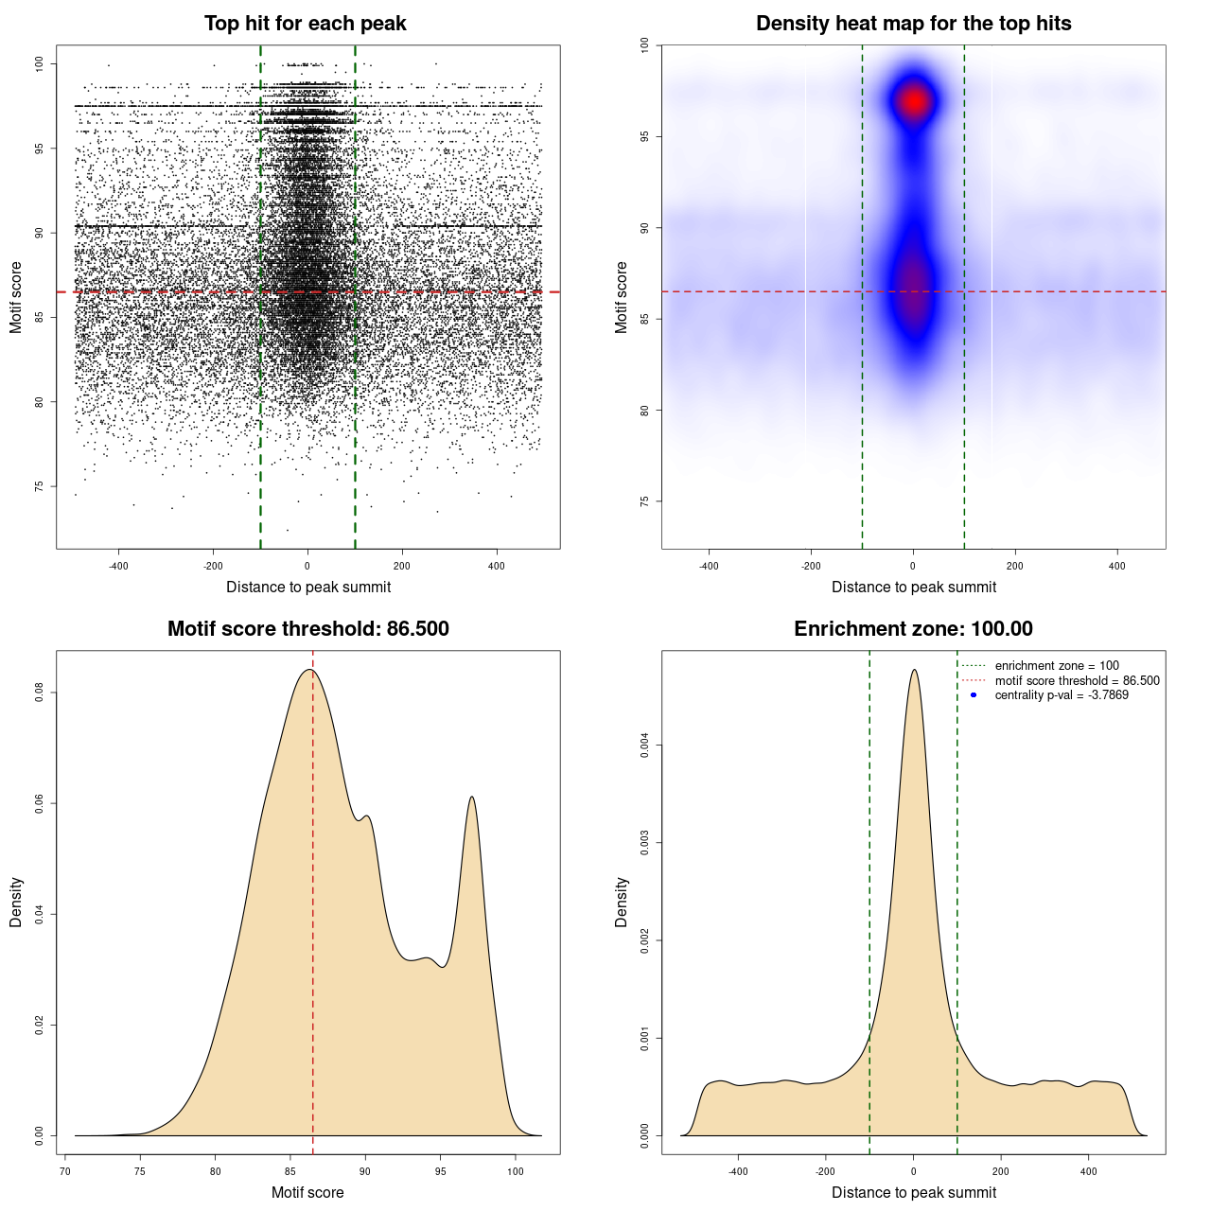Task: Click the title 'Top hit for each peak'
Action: pos(305,24)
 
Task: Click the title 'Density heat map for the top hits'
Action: pos(913,24)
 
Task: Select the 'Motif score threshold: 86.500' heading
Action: pos(307,629)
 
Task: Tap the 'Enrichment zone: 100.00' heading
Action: pos(913,629)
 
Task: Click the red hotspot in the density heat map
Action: pos(914,101)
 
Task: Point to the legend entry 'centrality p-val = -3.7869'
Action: pos(1062,695)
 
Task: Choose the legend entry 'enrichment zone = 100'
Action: pos(1057,666)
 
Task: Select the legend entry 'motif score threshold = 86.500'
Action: pos(1077,681)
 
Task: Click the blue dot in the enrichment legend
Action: pos(974,695)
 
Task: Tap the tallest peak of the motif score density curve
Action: pos(308,670)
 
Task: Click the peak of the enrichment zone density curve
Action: pos(914,670)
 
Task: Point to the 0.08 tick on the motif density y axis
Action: pos(40,693)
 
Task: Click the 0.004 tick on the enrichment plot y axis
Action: pos(645,746)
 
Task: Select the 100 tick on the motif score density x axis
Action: pos(515,1171)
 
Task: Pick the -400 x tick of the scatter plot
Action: pos(118,566)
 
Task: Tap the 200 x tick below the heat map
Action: pos(1015,566)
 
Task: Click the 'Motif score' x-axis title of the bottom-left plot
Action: pos(307,1192)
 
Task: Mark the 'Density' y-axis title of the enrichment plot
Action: pos(622,902)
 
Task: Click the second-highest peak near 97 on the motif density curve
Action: pos(471,797)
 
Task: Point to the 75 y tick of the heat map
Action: pos(645,501)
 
